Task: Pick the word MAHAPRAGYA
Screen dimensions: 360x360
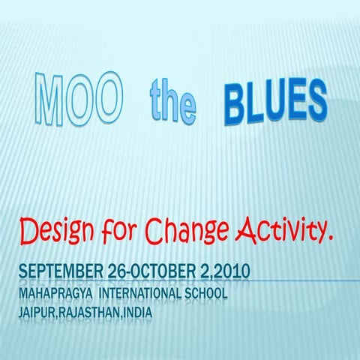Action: (58, 292)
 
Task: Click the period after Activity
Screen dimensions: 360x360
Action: (329, 241)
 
